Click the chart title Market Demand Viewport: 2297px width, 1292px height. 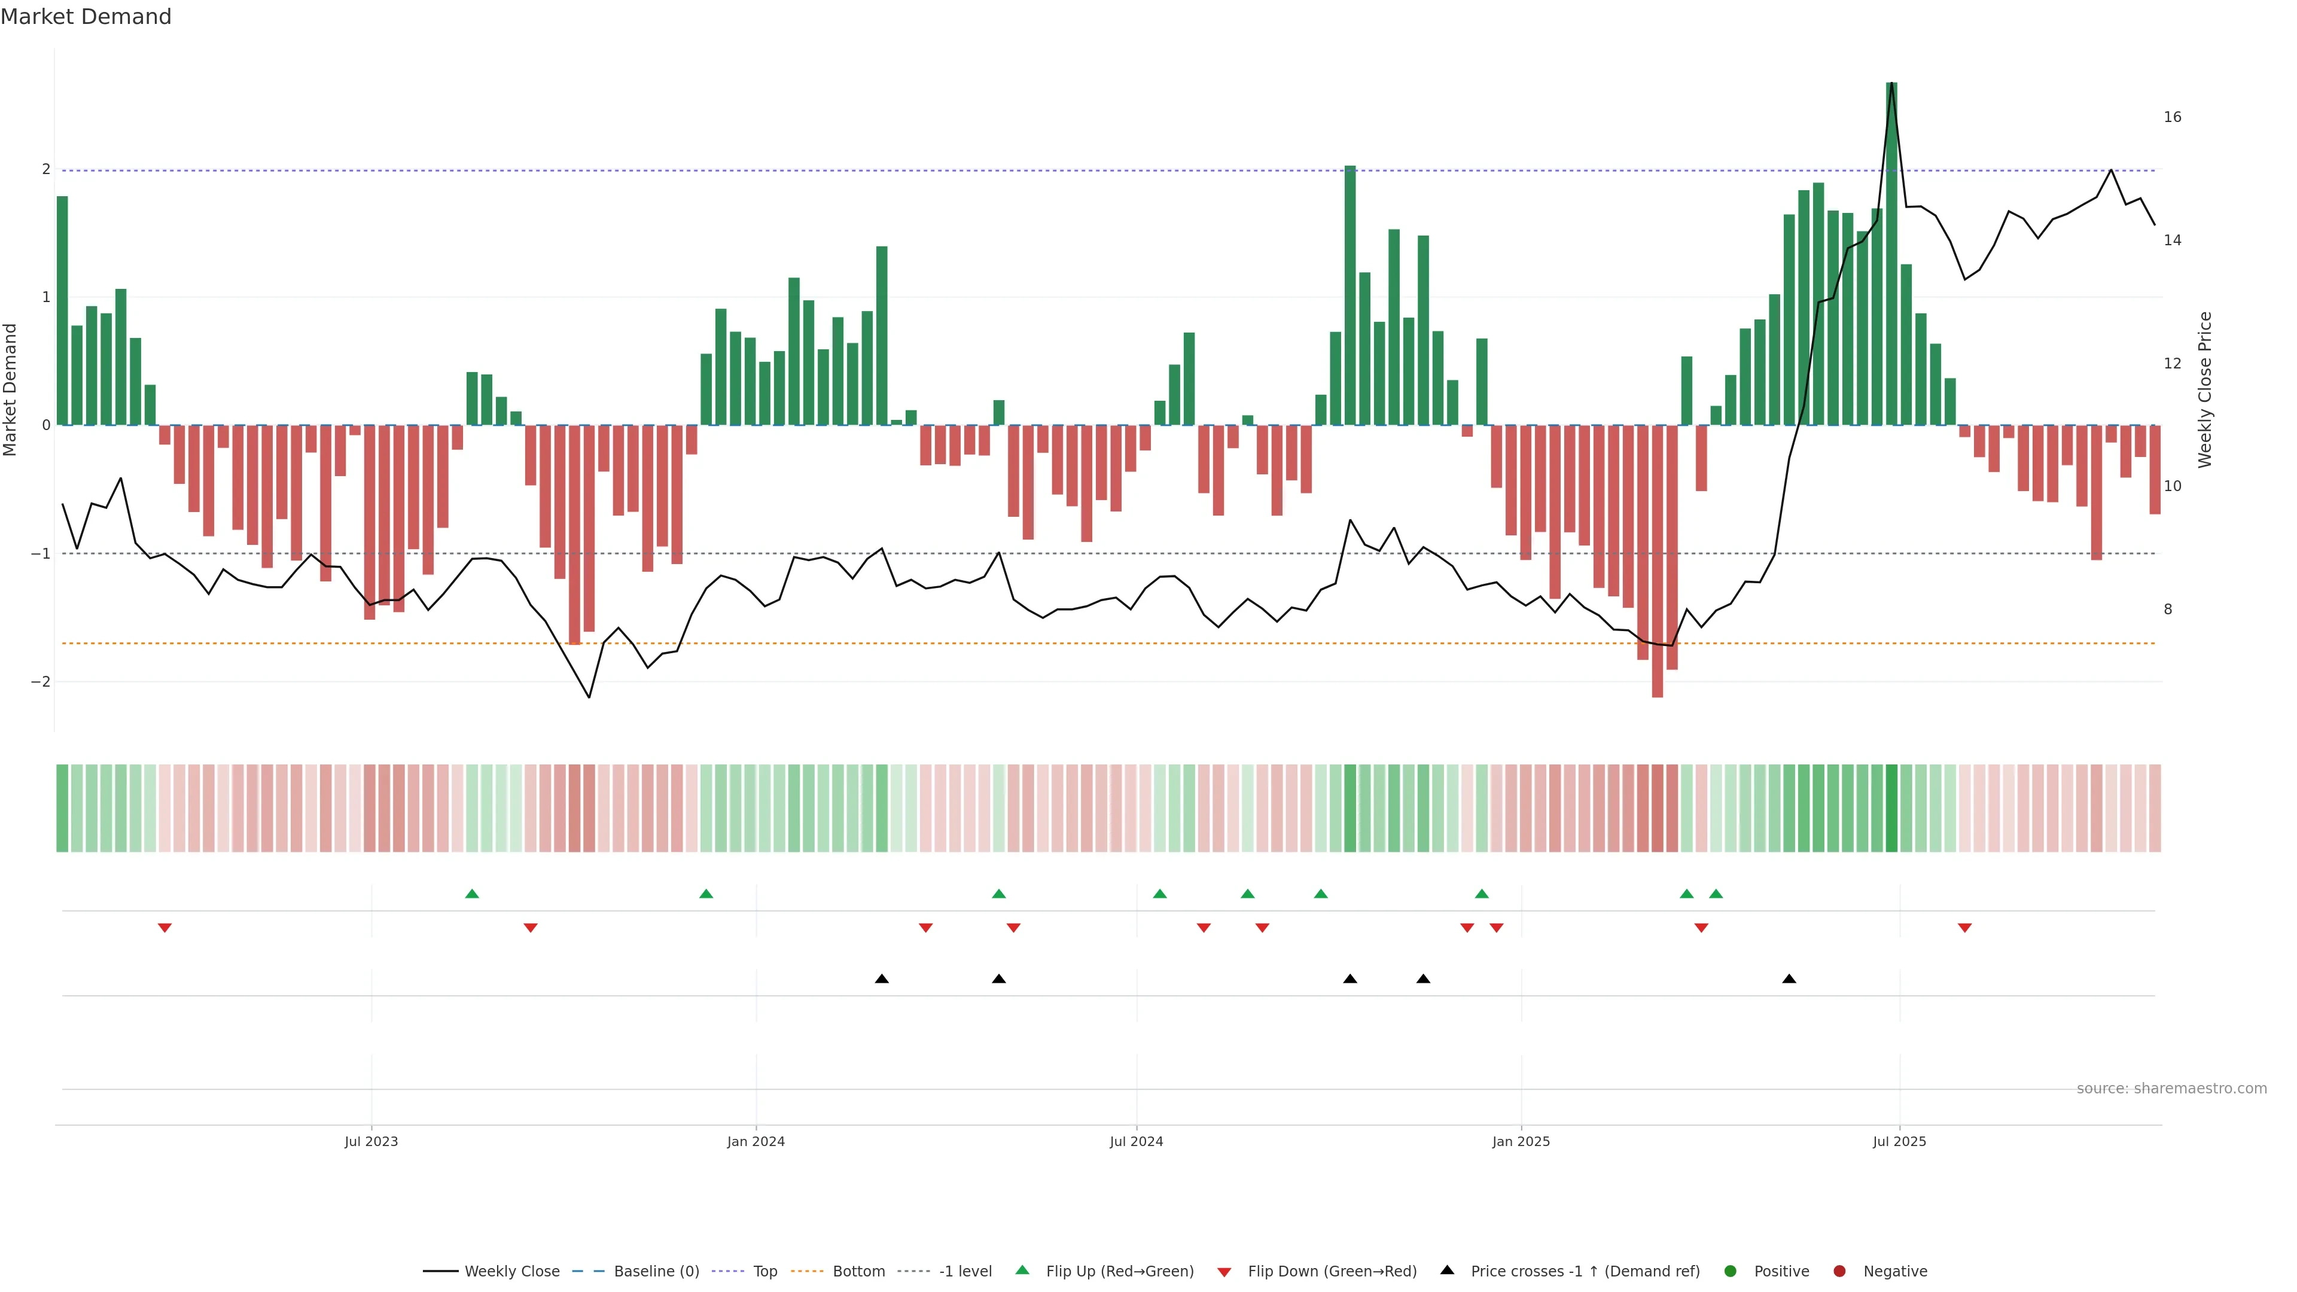pos(86,17)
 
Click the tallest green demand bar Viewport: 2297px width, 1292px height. pos(1891,254)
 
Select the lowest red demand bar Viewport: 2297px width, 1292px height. pos(1657,561)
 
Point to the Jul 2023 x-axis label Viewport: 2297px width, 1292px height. pos(371,1141)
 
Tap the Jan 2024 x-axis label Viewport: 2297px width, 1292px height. pos(755,1141)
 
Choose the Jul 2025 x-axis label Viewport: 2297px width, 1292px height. pos(1899,1141)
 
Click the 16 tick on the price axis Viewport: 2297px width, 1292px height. pos(2172,117)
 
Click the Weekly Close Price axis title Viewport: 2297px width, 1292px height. pos(2205,389)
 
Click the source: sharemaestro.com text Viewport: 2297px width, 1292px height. pos(2171,1089)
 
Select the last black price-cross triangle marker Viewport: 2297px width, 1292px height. pos(1789,979)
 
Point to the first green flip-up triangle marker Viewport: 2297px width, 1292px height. pos(473,894)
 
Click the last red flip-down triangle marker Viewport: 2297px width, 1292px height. pos(1964,928)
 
